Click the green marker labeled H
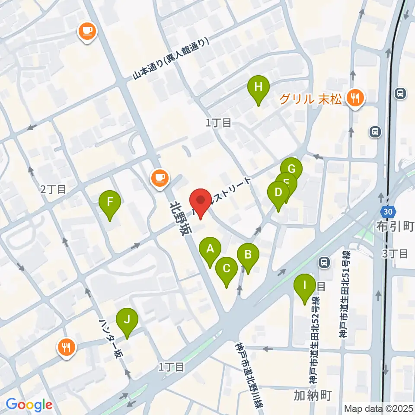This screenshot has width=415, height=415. point(258,87)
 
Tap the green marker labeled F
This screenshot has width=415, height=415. point(110,202)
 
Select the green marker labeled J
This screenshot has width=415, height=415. point(127,320)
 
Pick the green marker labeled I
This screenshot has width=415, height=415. point(304,286)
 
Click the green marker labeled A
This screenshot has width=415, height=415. point(210,249)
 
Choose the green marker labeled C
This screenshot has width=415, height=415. point(226,269)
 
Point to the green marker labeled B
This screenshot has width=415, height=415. point(248,255)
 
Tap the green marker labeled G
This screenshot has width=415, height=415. point(291,168)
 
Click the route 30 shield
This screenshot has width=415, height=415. point(388,211)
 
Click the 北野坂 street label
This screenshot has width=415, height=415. point(180,218)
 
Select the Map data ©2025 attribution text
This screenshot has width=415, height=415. point(379,409)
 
